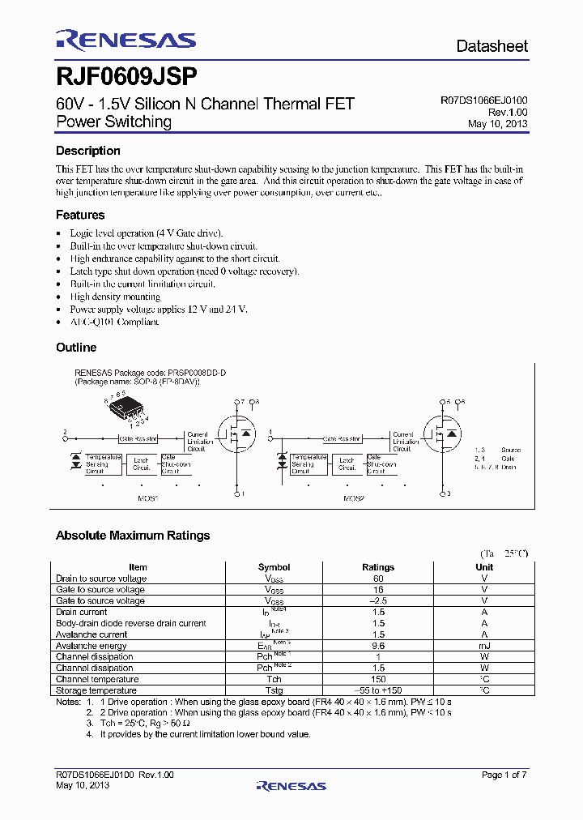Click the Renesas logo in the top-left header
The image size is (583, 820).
pos(126,41)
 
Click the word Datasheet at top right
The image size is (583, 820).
pos(492,46)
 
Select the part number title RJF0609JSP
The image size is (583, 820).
pos(126,77)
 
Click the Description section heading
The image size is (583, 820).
pos(87,151)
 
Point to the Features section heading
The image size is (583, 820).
pos(79,215)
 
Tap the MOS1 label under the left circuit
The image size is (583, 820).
pos(147,498)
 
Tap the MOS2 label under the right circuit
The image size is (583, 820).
pos(354,498)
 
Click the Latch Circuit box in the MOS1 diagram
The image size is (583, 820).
pos(143,463)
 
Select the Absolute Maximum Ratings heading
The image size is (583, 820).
pos(132,536)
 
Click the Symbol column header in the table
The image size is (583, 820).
pos(274,567)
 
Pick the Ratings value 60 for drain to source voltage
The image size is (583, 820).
pos(378,579)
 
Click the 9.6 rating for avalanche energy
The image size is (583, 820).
pos(378,646)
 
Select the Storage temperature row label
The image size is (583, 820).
pos(96,690)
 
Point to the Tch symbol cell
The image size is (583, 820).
pos(274,679)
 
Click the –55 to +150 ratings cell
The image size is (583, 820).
pos(378,690)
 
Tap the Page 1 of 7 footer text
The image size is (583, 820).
pos(504,775)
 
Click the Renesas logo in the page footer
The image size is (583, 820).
pos(291,785)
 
